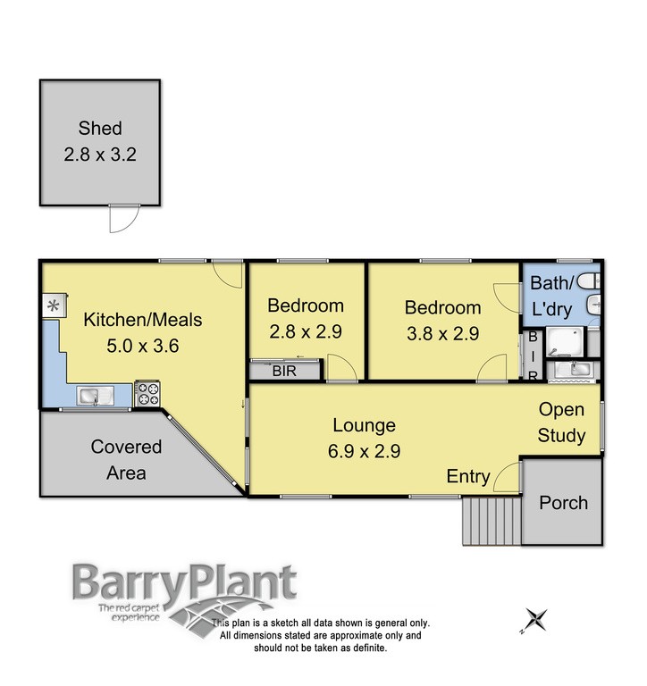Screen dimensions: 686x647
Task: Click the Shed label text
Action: coord(99,129)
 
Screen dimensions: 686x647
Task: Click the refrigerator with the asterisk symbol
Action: coord(52,306)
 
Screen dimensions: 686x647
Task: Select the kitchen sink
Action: coord(91,394)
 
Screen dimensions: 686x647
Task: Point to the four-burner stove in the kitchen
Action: coord(146,394)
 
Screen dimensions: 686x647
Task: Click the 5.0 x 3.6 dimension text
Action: coord(143,347)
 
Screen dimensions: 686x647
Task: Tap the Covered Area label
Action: coord(126,459)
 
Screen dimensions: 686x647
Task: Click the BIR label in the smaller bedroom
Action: coord(285,369)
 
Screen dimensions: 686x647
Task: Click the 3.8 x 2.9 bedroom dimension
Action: coord(442,334)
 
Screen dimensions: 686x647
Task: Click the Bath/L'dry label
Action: coord(555,296)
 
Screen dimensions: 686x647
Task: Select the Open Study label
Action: coord(561,422)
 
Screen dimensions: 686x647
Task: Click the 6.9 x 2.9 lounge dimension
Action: coord(364,450)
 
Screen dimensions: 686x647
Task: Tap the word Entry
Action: coord(468,477)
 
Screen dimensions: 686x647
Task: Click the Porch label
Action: coord(564,503)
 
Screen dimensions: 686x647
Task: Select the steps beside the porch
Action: coord(491,521)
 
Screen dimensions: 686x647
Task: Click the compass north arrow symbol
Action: coord(536,618)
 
